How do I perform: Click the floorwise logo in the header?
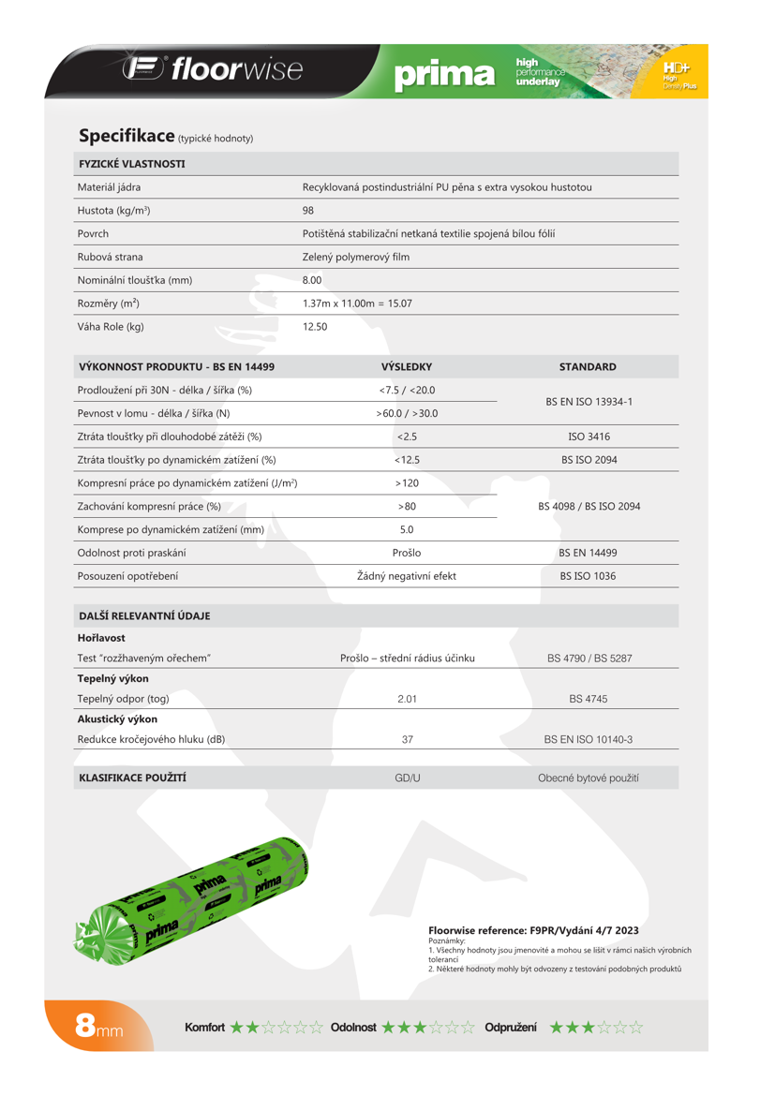coord(214,69)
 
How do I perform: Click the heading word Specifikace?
coord(127,136)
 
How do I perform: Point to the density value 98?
coord(308,211)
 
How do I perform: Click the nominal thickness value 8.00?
coord(312,280)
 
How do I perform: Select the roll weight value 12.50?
coord(315,327)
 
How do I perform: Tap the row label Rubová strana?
coord(110,257)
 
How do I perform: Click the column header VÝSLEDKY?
coord(407,367)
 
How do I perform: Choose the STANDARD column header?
coord(588,367)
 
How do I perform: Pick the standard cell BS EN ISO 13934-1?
coord(589,401)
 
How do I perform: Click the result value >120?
coord(407,482)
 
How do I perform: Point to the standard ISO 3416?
coord(589,437)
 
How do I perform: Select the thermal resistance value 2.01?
coord(407,699)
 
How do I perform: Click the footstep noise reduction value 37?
coord(408,739)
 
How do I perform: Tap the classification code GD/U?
coord(408,778)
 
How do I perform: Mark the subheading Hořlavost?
coord(101,638)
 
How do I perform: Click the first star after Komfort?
coord(236,1028)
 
